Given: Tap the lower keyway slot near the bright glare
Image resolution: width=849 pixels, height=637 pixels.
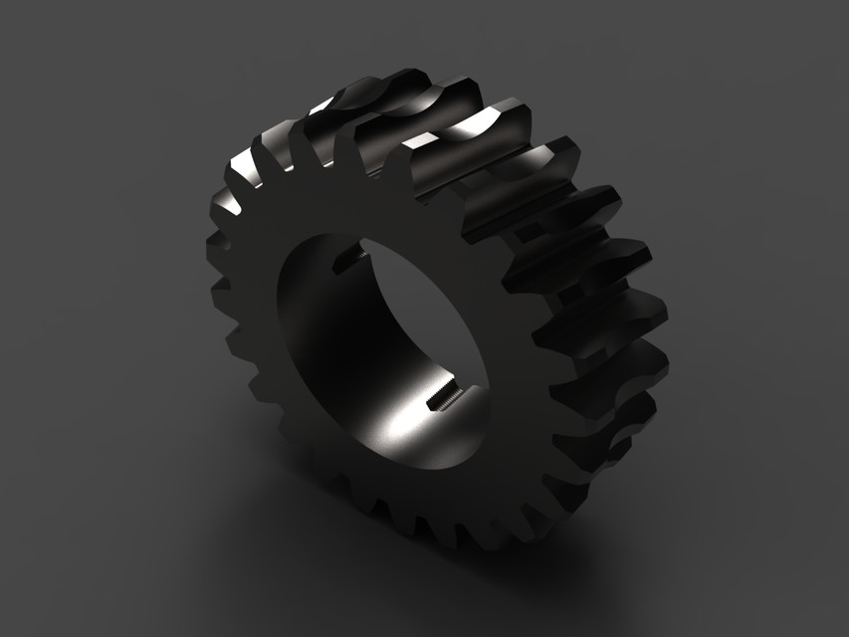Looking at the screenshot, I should pos(439,401).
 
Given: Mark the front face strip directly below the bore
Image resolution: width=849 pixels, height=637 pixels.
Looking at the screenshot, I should pos(418,498).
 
